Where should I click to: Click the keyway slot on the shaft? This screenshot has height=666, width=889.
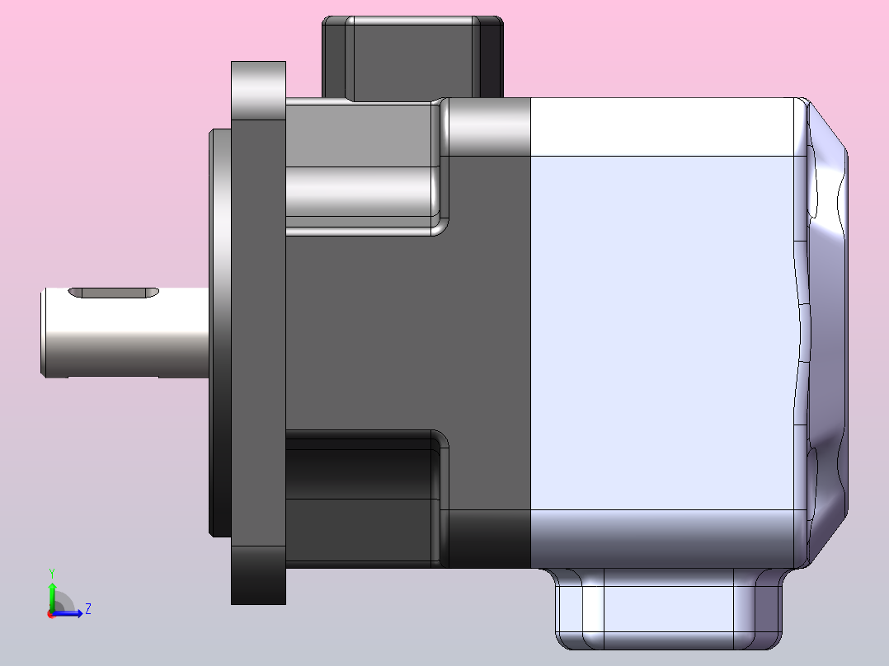(x=114, y=293)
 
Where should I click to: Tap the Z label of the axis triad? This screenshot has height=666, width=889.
(x=87, y=609)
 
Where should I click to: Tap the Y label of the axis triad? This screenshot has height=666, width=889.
(x=52, y=573)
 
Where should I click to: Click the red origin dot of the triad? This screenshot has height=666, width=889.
(x=51, y=614)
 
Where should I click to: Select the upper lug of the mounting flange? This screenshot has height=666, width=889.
(x=259, y=91)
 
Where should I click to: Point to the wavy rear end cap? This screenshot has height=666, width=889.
(x=825, y=330)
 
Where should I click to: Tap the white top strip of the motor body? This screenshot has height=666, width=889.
(x=664, y=127)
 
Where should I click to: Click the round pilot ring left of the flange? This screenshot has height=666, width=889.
(x=220, y=330)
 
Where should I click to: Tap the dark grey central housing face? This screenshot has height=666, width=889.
(x=404, y=330)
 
